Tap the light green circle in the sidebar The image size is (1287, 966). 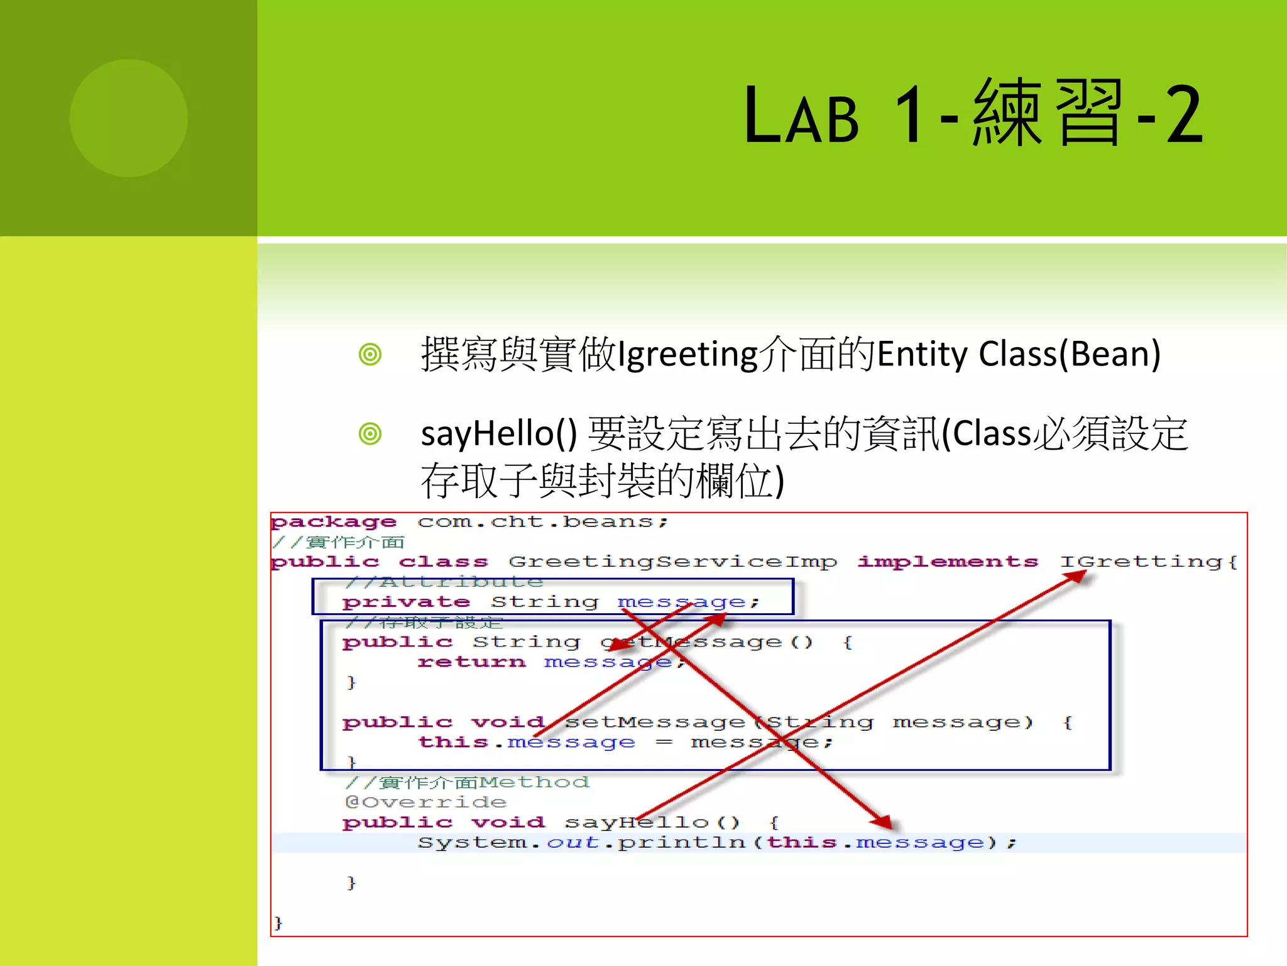(x=129, y=118)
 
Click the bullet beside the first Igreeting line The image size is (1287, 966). (x=370, y=355)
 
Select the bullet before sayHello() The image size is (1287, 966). (x=370, y=434)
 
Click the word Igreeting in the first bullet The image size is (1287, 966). (x=687, y=355)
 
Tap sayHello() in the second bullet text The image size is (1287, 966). (x=498, y=434)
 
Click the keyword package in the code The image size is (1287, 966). (x=334, y=522)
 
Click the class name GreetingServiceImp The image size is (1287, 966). (x=672, y=562)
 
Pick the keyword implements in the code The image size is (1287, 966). (x=948, y=562)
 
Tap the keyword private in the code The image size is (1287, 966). (x=406, y=602)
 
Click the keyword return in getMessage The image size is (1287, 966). (x=471, y=662)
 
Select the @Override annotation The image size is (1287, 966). (x=425, y=802)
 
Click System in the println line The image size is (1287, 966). (x=473, y=843)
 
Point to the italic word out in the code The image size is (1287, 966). (x=572, y=843)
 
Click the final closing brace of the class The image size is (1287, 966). (x=278, y=923)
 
